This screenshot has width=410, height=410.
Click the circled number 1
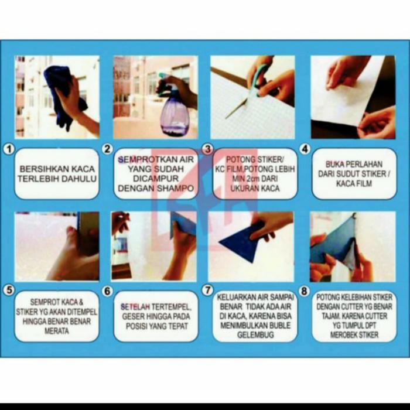9,149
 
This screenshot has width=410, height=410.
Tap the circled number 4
305,149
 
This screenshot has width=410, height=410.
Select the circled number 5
9,291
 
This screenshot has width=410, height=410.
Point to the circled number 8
304,291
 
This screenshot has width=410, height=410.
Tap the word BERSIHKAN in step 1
37,169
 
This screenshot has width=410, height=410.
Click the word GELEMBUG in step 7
255,335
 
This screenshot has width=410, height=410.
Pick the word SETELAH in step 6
135,307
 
